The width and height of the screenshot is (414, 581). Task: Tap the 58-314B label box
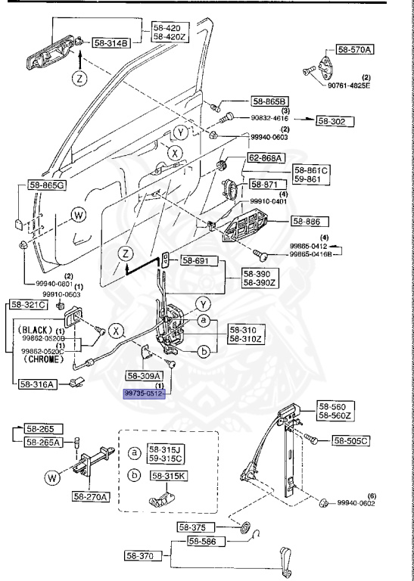click(112, 43)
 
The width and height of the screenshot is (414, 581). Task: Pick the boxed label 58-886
click(310, 222)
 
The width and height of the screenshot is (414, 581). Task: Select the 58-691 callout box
click(197, 261)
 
